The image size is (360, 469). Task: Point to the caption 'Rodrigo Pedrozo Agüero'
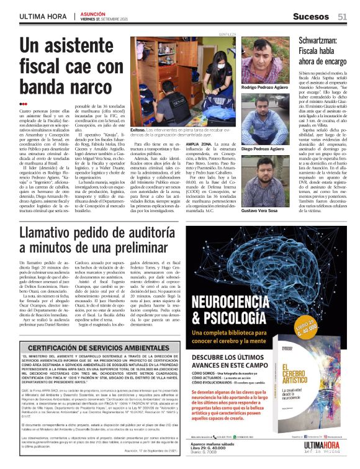click(265, 89)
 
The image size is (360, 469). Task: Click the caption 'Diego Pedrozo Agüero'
click(263, 149)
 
